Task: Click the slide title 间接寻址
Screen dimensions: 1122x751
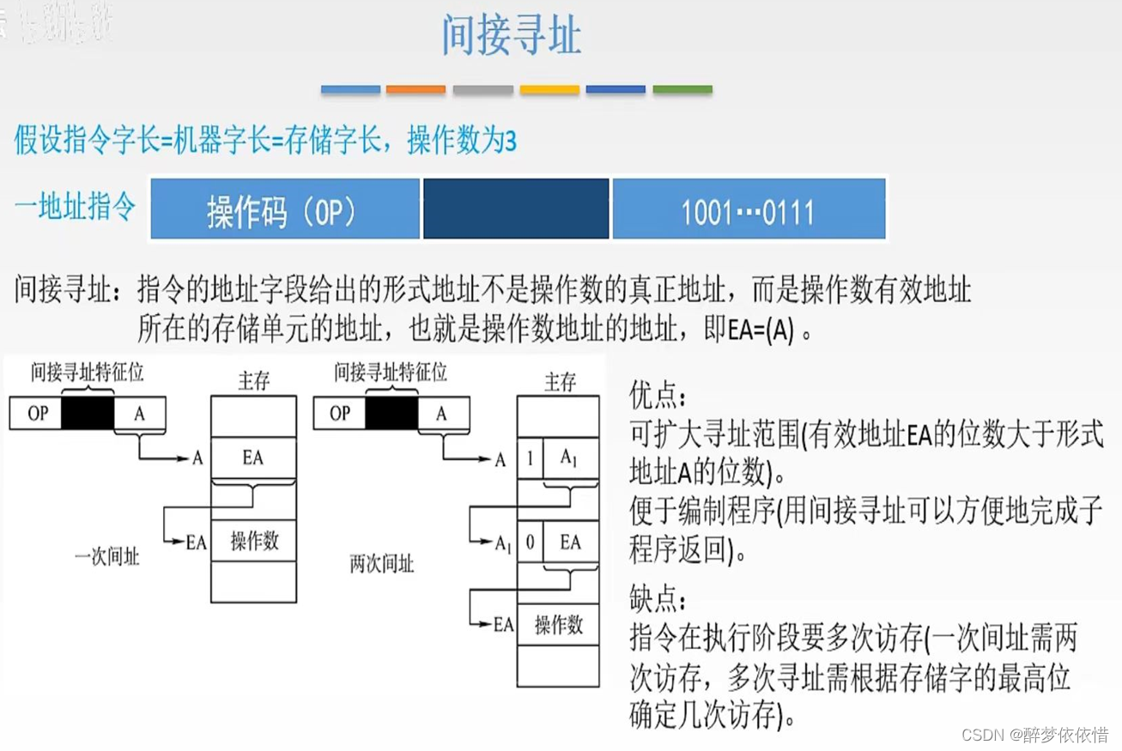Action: click(x=512, y=37)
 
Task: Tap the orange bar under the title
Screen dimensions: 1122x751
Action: click(x=415, y=89)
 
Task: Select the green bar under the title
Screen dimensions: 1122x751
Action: click(x=682, y=89)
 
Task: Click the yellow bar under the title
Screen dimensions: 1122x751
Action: click(x=549, y=89)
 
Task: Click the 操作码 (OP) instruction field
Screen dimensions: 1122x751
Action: click(x=284, y=209)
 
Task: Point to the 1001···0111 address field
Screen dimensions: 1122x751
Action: click(x=748, y=209)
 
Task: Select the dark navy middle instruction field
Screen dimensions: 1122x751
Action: click(x=516, y=209)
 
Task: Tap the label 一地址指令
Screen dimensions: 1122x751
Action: click(x=76, y=207)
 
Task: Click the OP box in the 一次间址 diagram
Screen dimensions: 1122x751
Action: click(x=39, y=414)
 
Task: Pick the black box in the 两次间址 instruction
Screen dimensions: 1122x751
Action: click(x=391, y=414)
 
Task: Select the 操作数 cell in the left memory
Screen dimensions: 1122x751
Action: click(x=253, y=541)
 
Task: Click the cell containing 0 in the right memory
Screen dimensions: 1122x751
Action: click(x=530, y=542)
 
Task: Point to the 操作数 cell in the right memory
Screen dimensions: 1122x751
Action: click(x=559, y=624)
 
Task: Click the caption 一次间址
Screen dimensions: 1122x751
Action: click(x=106, y=557)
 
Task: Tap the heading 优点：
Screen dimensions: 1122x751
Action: click(x=658, y=397)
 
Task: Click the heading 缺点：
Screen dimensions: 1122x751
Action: click(x=658, y=598)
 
